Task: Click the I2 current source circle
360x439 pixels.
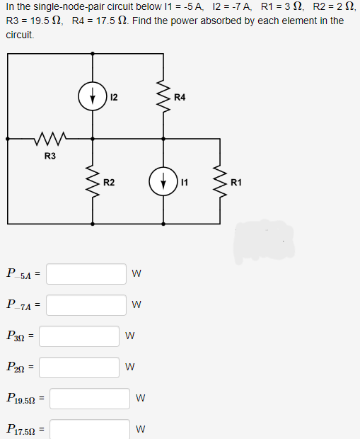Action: [93, 96]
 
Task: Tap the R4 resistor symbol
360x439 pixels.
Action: [164, 96]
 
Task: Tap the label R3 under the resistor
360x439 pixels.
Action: [50, 155]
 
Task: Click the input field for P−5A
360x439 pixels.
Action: [86, 273]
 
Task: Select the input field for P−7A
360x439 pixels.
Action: [86, 304]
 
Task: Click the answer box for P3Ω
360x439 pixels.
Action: [79, 336]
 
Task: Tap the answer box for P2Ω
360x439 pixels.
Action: [79, 367]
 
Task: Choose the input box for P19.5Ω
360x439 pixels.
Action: [89, 398]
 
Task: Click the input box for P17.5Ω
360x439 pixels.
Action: [89, 428]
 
